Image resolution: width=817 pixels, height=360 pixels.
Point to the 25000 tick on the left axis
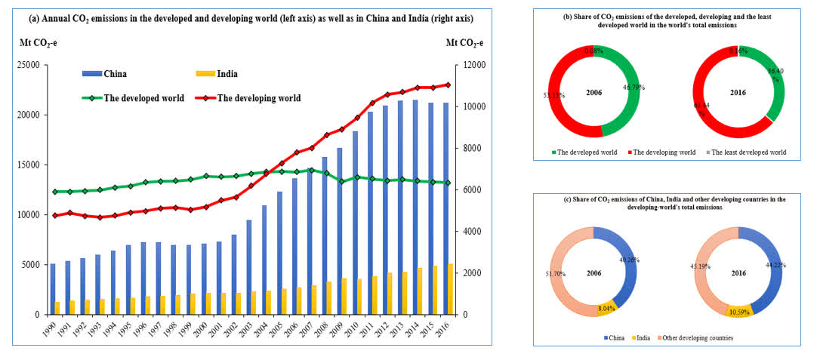click(29, 66)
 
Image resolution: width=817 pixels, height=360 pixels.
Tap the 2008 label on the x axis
click(325, 329)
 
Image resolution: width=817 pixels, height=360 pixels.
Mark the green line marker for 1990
click(54, 192)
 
